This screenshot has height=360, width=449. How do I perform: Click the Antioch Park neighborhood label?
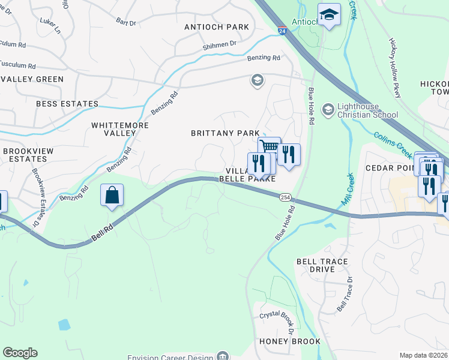(x=217, y=27)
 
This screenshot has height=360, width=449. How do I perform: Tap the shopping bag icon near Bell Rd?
(x=112, y=196)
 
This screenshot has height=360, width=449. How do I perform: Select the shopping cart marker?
(x=270, y=146)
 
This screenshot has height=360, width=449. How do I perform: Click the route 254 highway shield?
(x=285, y=197)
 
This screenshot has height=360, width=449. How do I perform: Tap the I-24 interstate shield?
(x=282, y=31)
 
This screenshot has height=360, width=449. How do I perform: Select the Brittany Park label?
(x=225, y=133)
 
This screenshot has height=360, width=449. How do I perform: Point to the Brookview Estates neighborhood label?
(x=33, y=155)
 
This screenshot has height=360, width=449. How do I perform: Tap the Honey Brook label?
(x=290, y=341)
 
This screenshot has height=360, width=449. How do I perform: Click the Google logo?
(x=20, y=353)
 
